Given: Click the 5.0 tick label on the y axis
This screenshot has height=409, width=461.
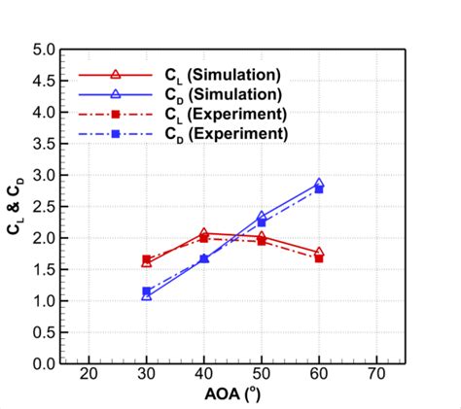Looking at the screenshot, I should click(42, 50).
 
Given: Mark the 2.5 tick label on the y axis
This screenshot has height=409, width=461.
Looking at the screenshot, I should click(42, 207).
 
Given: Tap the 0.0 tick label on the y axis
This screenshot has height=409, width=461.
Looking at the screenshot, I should click(42, 363).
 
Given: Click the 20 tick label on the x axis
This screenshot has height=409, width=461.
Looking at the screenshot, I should click(89, 377).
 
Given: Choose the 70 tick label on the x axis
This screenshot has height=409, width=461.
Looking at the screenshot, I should click(376, 377).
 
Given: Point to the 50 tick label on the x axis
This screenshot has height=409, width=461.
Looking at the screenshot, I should click(262, 377).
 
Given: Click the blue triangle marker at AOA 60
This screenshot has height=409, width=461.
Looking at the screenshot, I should click(319, 184).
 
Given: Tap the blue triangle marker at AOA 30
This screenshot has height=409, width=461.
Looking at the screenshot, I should click(147, 295).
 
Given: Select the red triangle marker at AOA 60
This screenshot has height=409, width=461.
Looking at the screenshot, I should click(319, 253).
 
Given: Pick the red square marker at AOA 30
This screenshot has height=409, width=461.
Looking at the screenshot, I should click(147, 259).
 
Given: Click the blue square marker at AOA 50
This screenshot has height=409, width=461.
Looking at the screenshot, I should click(262, 222).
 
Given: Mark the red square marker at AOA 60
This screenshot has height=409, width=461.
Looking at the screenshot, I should click(319, 258).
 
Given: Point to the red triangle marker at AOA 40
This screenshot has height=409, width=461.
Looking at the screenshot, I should click(204, 233).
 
